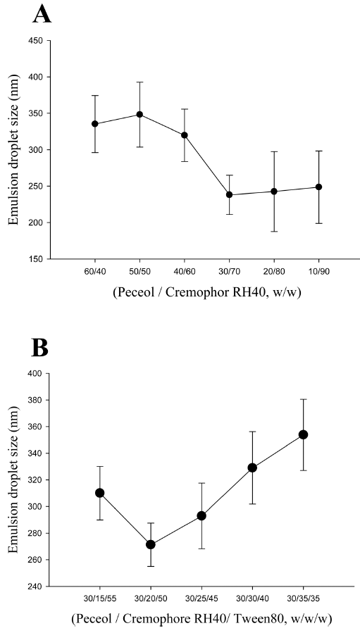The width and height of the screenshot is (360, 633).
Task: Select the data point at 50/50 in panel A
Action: [139, 114]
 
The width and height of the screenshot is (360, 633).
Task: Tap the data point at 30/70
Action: [230, 194]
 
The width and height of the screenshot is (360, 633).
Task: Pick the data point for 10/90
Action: [319, 187]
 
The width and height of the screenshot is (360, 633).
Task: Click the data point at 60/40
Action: [95, 123]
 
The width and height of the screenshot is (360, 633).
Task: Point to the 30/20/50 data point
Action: [151, 544]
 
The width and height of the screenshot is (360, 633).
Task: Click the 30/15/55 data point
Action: [100, 493]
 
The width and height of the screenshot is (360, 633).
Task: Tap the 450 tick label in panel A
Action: [36, 41]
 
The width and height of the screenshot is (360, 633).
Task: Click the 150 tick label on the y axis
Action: [36, 259]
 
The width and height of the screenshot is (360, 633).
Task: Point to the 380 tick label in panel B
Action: [36, 400]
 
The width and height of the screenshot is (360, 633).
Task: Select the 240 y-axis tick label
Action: [36, 586]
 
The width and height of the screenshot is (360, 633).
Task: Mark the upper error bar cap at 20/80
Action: [274, 151]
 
